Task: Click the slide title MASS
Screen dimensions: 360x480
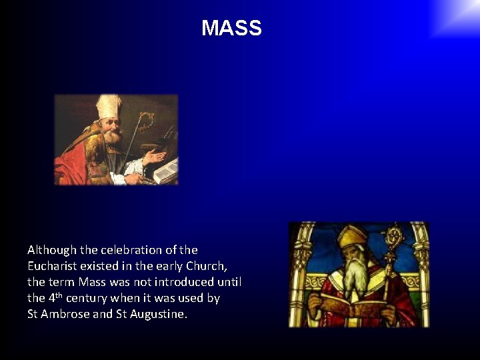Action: click(x=231, y=28)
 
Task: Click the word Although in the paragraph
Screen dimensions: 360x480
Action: click(x=52, y=250)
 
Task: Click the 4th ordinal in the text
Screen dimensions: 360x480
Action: click(x=56, y=297)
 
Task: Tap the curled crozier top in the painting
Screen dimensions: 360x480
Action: click(x=145, y=120)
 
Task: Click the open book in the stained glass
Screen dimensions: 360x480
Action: click(x=353, y=308)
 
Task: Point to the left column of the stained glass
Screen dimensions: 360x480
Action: click(x=298, y=280)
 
